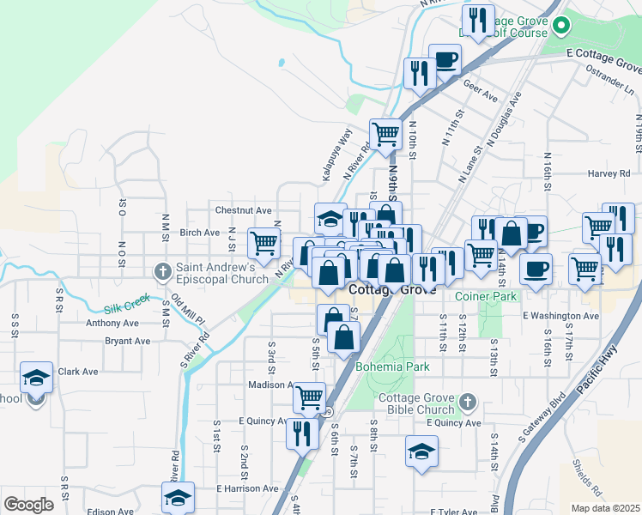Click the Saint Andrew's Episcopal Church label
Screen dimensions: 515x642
pos(222,272)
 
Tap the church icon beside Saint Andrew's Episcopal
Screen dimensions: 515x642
pos(162,272)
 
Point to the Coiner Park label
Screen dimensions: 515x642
pos(488,296)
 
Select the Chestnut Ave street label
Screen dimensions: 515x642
pos(244,210)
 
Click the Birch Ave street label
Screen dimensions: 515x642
pos(199,233)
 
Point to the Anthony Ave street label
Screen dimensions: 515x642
pos(112,324)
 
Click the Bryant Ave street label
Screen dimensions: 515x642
pos(127,341)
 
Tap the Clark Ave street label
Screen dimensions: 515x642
pos(78,372)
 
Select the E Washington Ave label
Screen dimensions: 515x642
pos(561,316)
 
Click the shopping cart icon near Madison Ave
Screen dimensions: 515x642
pos(309,397)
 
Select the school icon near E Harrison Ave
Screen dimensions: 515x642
pos(178,497)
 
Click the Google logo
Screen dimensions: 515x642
pos(29,504)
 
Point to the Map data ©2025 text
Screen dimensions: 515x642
pos(604,508)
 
